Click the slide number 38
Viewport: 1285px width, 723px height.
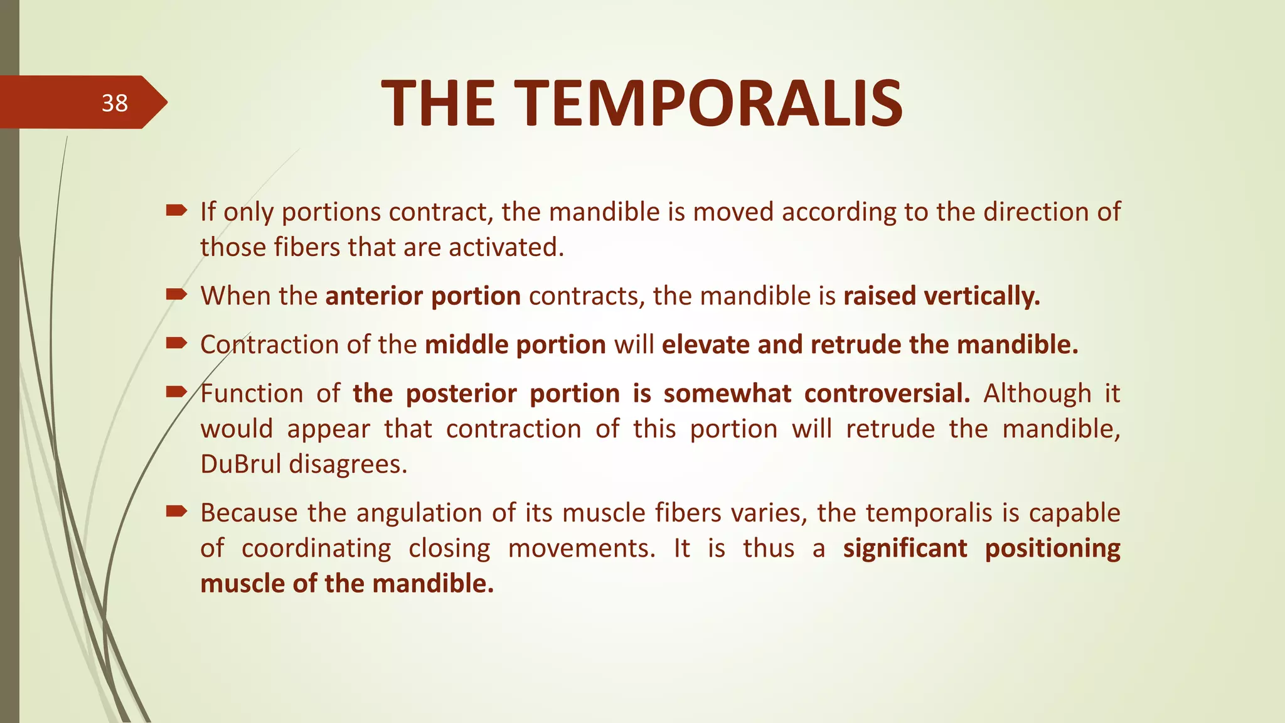point(115,103)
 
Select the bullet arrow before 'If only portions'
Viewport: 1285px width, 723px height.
point(176,211)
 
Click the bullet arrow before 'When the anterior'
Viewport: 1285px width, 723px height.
point(176,294)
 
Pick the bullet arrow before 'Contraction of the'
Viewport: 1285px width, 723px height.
point(176,343)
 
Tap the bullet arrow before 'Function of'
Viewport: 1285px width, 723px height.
point(176,392)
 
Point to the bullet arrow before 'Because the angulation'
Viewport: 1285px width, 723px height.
point(176,511)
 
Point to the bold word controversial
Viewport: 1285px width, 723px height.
point(887,394)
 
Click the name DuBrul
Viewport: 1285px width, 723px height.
point(241,464)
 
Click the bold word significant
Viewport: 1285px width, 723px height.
point(905,549)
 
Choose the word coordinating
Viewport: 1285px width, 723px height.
point(316,549)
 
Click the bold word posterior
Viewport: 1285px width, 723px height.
point(461,394)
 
